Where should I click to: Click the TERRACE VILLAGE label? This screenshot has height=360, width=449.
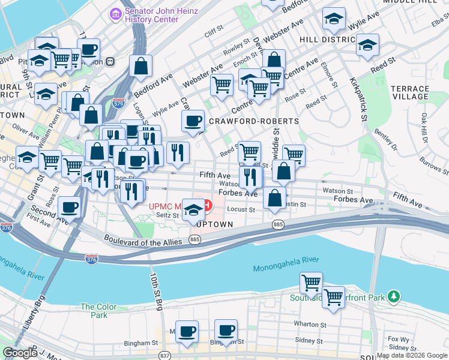click(410, 92)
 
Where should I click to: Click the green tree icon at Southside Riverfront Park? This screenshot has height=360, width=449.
click(394, 296)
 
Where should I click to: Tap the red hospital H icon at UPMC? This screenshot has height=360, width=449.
click(207, 205)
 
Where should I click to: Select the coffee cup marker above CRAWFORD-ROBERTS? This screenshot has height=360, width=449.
click(193, 121)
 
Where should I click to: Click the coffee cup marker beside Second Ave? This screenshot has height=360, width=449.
click(70, 208)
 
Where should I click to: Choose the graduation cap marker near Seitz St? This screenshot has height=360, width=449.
click(193, 210)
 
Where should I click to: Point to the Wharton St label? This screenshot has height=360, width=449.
click(309, 324)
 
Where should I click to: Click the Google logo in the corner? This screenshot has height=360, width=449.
click(20, 353)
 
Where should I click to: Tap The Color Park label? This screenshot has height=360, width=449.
click(94, 310)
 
